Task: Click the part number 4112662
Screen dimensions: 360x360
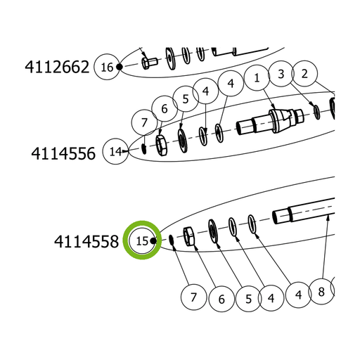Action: pyautogui.click(x=57, y=67)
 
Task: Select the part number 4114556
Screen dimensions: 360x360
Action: pyautogui.click(x=63, y=154)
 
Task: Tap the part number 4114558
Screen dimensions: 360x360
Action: pyautogui.click(x=86, y=242)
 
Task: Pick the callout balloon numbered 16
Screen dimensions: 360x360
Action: pyautogui.click(x=107, y=67)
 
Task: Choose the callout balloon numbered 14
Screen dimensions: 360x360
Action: pyautogui.click(x=116, y=151)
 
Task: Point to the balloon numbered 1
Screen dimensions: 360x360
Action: pyautogui.click(x=257, y=78)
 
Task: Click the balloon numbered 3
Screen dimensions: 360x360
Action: pyautogui.click(x=281, y=74)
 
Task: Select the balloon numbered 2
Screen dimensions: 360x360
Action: pyautogui.click(x=304, y=74)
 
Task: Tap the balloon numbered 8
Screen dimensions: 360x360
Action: pyautogui.click(x=321, y=292)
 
